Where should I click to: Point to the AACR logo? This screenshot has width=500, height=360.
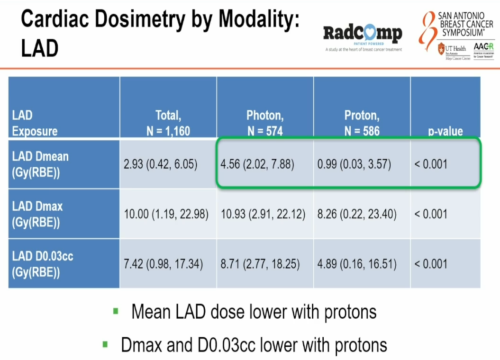coord(483,49)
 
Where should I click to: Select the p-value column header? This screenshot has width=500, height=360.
coord(445,131)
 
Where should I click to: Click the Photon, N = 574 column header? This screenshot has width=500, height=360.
coord(265,123)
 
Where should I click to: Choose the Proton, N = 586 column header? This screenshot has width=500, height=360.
coord(362,123)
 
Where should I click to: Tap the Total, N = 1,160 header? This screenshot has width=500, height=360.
coord(168,123)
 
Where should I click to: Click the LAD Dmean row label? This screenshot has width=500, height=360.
coord(40,164)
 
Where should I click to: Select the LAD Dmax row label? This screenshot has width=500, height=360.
coord(37,214)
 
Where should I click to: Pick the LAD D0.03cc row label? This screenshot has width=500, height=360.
coord(43,263)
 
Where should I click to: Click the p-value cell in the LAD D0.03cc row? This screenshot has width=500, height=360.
coord(431,263)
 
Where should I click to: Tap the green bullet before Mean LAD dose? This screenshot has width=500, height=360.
coord(116,311)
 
